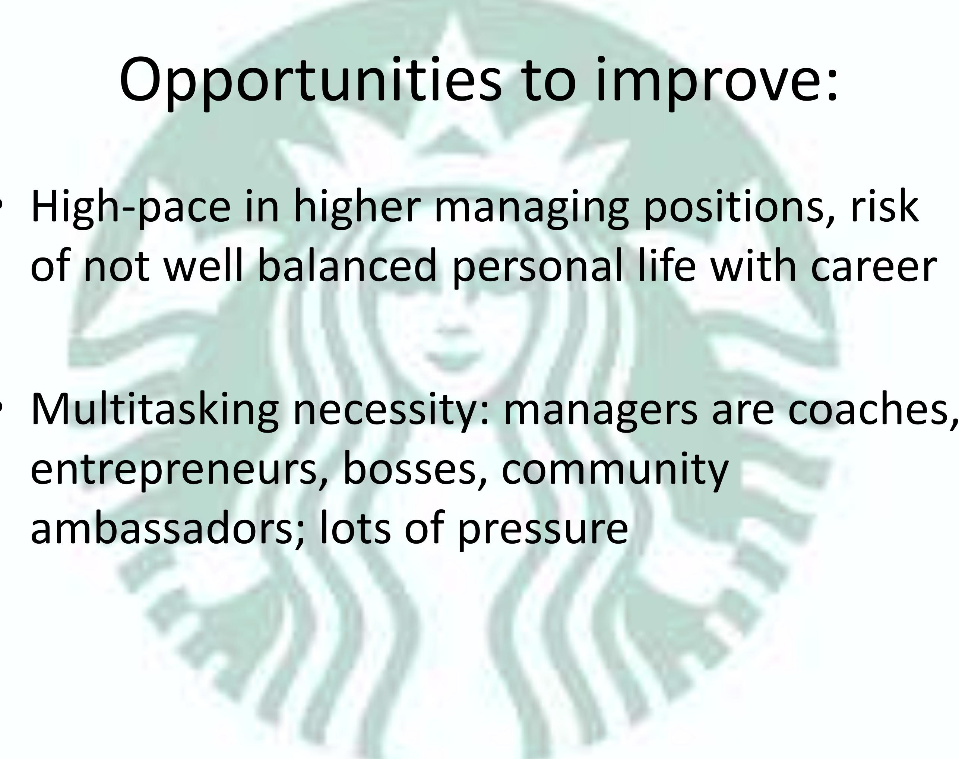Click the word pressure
pyautogui.click(x=542, y=529)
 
